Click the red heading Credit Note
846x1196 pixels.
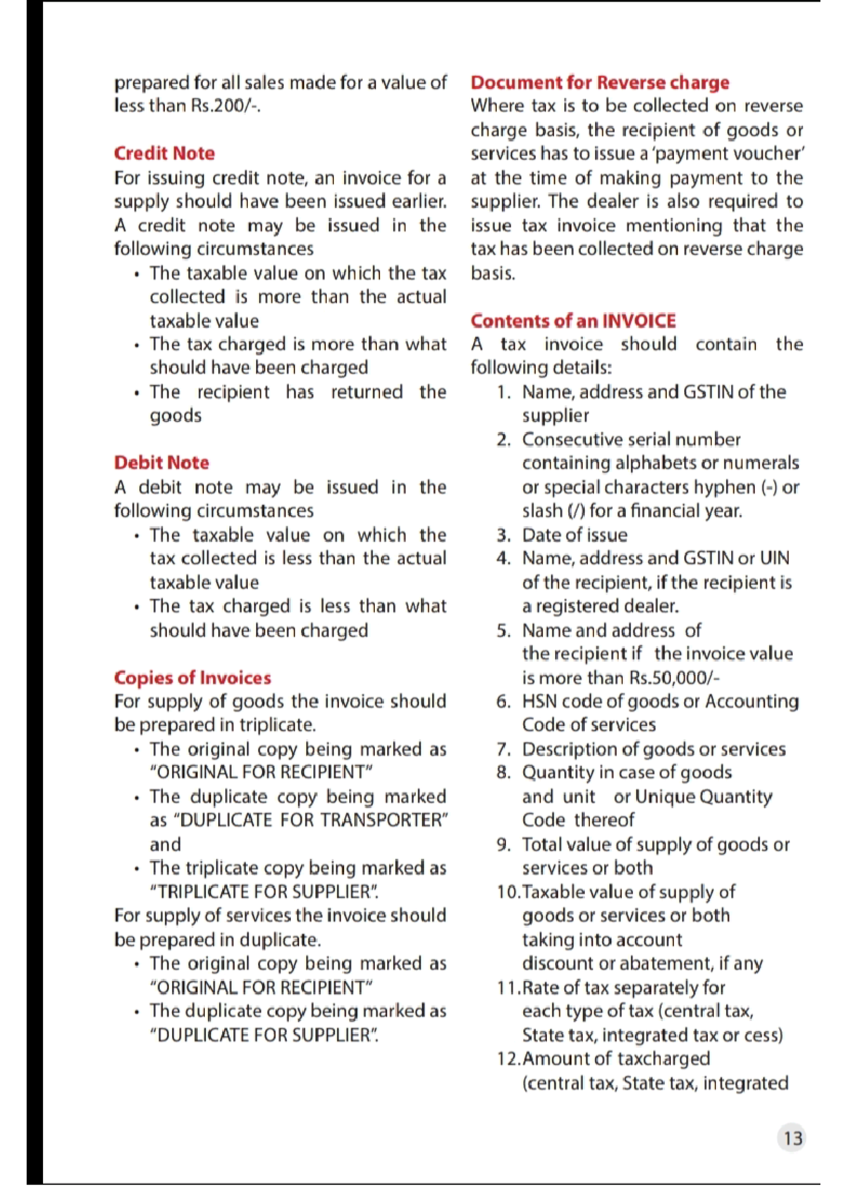[164, 153]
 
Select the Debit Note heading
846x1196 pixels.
[161, 462]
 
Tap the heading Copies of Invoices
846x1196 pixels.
[192, 677]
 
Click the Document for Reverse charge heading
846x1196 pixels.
[600, 82]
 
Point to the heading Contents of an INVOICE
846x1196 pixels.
[573, 321]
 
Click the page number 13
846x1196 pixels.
[792, 1138]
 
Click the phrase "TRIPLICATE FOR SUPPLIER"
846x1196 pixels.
[264, 892]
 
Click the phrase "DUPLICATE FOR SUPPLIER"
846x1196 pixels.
[264, 1035]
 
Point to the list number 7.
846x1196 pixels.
[503, 749]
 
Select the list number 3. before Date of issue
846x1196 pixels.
[503, 535]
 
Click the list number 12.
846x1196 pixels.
[509, 1059]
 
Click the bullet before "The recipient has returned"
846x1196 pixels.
[135, 393]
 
